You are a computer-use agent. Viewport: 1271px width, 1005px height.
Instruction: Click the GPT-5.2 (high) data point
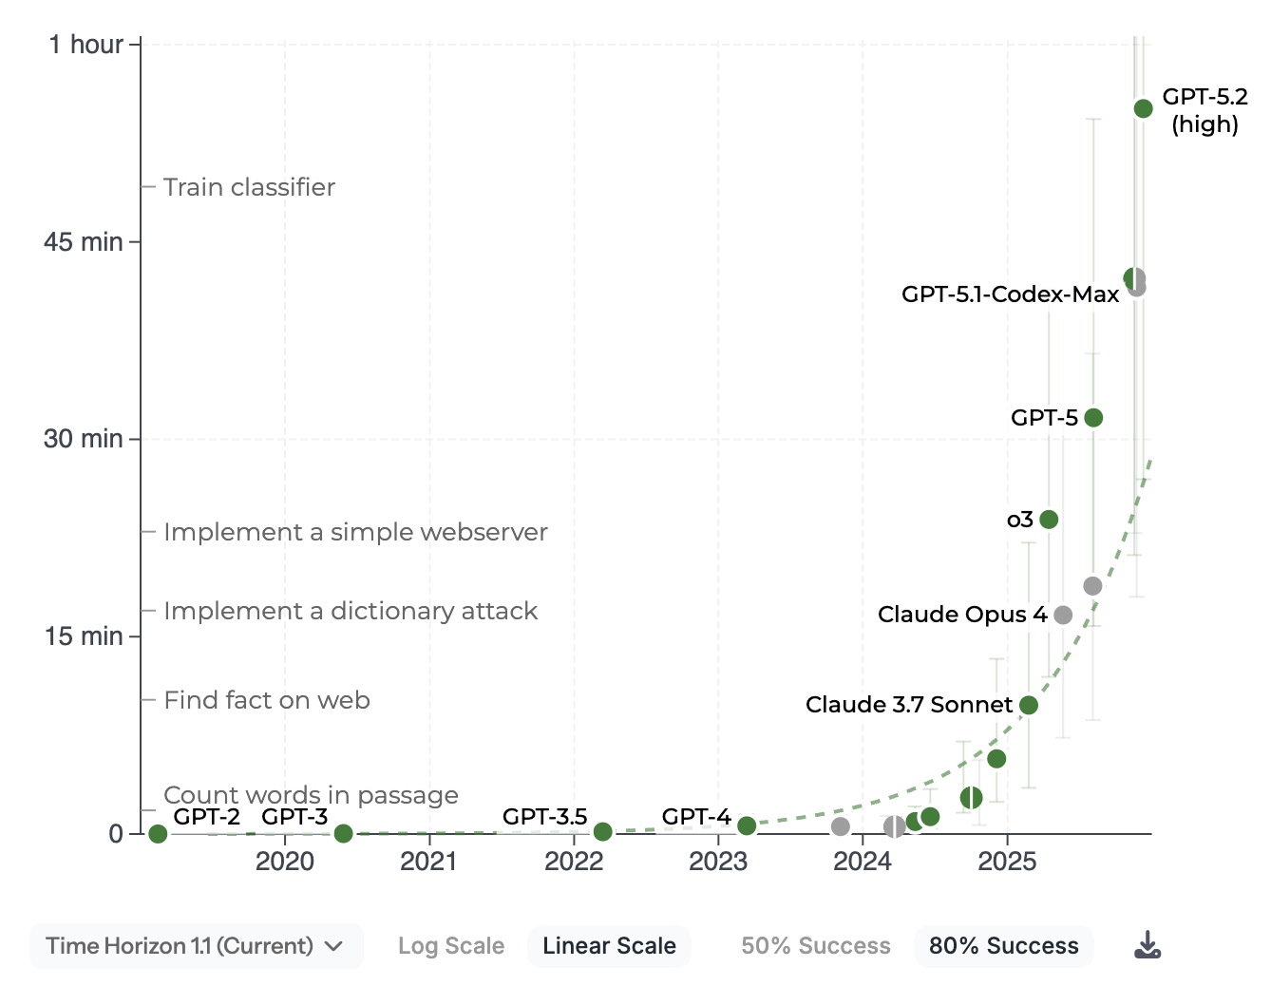click(1143, 109)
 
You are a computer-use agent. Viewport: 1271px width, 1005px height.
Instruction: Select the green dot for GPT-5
click(1093, 418)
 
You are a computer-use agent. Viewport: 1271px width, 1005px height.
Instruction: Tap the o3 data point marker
click(1049, 520)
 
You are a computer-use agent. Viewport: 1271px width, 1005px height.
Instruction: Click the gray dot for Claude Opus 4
click(1063, 616)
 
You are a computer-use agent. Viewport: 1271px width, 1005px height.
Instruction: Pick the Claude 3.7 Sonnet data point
click(1029, 705)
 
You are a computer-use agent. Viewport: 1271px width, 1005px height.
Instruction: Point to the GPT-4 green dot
click(747, 826)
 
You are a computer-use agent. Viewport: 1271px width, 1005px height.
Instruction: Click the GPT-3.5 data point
click(602, 832)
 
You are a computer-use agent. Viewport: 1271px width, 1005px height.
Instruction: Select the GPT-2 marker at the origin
click(158, 834)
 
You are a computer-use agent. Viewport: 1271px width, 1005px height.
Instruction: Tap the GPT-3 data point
click(344, 833)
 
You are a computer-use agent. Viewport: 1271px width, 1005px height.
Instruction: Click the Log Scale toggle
click(451, 946)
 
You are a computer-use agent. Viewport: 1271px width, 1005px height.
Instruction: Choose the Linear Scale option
click(609, 946)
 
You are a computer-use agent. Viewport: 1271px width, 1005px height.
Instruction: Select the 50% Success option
click(816, 946)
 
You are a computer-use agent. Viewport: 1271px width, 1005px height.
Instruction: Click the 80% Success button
click(1003, 946)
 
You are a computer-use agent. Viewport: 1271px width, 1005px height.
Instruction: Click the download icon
click(1148, 945)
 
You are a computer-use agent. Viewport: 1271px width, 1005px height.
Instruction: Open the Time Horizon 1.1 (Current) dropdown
click(196, 946)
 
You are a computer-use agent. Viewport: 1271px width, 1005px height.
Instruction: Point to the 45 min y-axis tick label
click(84, 242)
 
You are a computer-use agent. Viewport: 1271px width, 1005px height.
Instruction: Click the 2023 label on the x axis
click(717, 862)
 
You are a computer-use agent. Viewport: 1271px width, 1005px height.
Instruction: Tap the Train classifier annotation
click(249, 187)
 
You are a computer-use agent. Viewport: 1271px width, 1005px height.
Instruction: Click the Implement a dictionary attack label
click(351, 611)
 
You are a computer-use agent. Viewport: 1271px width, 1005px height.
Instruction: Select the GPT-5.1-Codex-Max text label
click(1010, 294)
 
